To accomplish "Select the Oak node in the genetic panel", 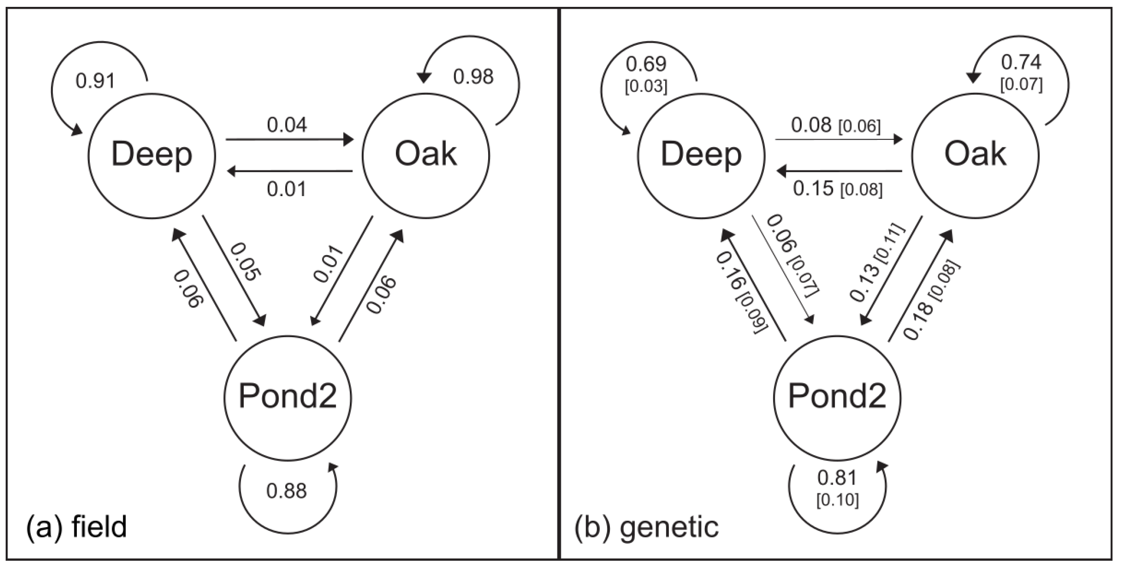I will tap(975, 155).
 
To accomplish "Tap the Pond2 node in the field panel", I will tap(288, 397).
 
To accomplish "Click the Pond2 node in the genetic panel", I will tap(837, 397).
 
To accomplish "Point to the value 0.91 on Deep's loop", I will tap(95, 81).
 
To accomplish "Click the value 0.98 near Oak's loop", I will tap(473, 77).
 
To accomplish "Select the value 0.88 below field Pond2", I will tap(287, 491).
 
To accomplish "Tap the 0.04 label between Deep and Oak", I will tap(287, 125).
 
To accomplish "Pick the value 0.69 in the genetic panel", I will tap(646, 64).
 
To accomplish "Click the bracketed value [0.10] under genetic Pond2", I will tap(837, 500).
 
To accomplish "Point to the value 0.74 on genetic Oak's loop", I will tap(1021, 62).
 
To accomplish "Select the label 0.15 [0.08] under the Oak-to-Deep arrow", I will tap(837, 189).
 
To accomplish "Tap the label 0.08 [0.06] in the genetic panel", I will tap(835, 126).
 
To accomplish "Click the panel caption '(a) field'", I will tap(76, 527).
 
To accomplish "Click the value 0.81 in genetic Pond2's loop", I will tap(837, 478).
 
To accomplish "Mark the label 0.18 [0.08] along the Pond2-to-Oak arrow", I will tap(931, 300).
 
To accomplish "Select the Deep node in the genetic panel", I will tap(701, 155).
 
